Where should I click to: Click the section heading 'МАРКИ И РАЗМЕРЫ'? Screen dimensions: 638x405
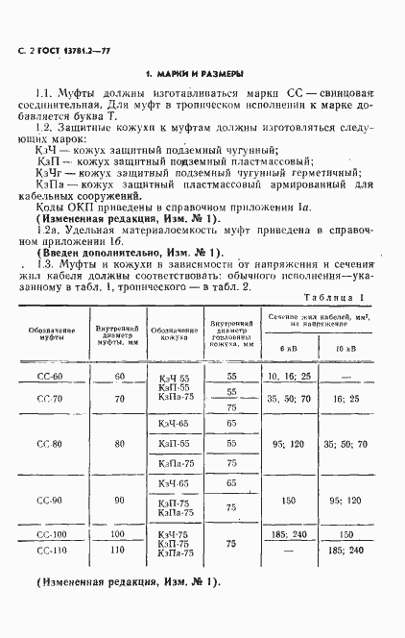point(194,73)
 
